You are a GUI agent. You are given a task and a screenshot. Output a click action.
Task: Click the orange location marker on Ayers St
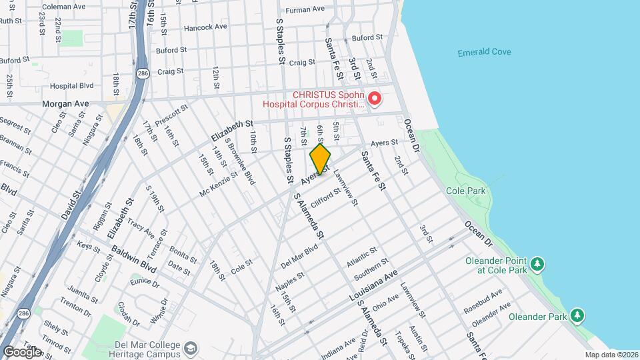click(x=320, y=159)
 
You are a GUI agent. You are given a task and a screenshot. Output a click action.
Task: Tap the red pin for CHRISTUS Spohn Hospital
click(x=375, y=99)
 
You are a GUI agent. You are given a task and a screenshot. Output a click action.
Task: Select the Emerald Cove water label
click(x=484, y=53)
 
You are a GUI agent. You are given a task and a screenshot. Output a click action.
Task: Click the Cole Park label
click(x=467, y=191)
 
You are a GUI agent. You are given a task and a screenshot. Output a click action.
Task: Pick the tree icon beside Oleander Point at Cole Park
click(x=537, y=265)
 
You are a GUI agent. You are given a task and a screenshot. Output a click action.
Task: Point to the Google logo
click(x=21, y=351)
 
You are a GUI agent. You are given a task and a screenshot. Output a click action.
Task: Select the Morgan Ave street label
click(x=65, y=104)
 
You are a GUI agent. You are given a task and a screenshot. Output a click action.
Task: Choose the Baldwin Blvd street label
click(x=133, y=259)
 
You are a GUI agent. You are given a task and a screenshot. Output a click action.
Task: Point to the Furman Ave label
click(x=304, y=10)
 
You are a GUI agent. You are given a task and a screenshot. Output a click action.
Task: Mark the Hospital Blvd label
click(x=72, y=86)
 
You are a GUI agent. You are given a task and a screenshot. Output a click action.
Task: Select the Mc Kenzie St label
click(x=219, y=185)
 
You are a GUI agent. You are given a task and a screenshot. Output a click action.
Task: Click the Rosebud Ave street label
click(x=487, y=300)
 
